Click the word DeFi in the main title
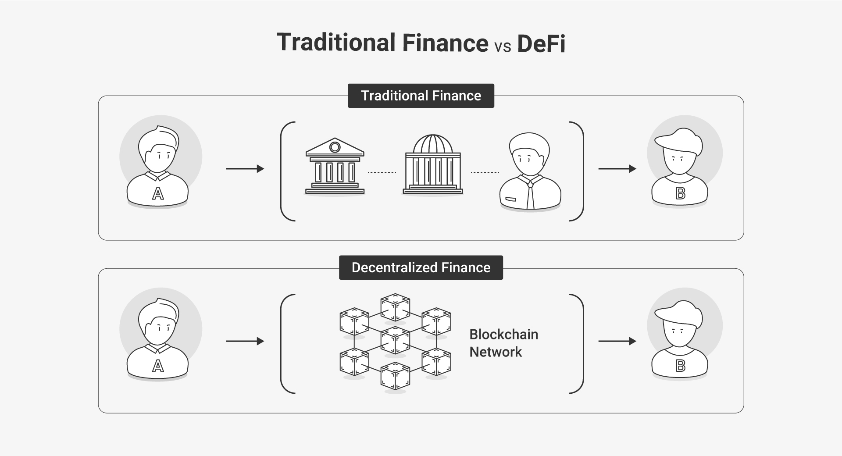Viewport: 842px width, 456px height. (x=541, y=43)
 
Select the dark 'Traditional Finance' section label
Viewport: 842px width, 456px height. (x=421, y=96)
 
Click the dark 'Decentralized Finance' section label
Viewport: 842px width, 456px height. (x=421, y=267)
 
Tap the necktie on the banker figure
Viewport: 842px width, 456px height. (x=530, y=195)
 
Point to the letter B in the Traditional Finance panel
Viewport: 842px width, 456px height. (x=681, y=193)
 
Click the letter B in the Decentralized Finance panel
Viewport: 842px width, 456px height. (x=681, y=365)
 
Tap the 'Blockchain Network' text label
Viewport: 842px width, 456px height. (x=504, y=343)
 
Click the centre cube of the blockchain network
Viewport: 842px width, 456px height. (x=396, y=340)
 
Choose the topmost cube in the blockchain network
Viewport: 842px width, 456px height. (x=396, y=307)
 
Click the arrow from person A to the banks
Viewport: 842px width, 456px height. (x=245, y=169)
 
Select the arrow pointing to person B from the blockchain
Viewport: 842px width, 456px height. (x=617, y=341)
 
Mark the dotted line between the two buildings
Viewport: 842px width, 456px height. (x=382, y=173)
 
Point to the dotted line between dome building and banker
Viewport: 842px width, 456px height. (x=485, y=173)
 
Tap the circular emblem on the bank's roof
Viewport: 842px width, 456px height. (x=335, y=147)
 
